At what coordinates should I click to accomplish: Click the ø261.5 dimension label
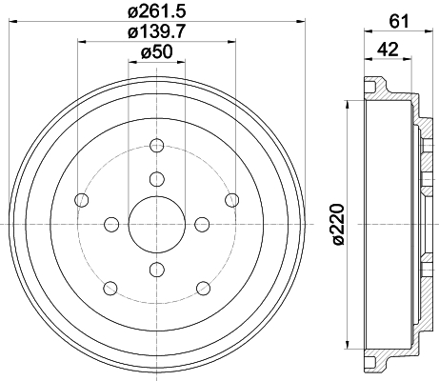(156, 11)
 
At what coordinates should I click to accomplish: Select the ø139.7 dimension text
(156, 31)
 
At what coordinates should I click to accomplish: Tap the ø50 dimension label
(156, 51)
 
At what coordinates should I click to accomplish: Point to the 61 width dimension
(399, 22)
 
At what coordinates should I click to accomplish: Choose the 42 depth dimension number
(388, 50)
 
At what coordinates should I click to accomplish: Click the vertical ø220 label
(337, 225)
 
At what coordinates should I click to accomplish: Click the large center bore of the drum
(157, 225)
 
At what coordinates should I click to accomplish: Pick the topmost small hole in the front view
(157, 146)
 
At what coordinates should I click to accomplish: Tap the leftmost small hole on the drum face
(81, 200)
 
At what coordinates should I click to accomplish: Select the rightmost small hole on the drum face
(232, 200)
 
